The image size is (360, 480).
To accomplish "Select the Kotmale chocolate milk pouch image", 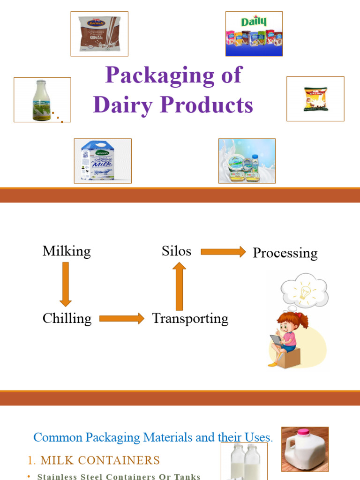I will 99,34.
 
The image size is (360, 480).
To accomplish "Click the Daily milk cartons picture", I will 254,34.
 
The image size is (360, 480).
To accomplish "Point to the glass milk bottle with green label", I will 42,100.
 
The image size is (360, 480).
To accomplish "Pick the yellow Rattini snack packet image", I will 315,99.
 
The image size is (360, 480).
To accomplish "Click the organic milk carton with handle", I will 102,161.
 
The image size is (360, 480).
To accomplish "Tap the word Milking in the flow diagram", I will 67,251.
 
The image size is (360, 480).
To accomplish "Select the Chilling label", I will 67,319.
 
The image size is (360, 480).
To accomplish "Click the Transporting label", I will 190,319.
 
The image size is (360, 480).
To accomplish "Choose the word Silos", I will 177,251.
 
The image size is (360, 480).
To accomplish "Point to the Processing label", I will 285,253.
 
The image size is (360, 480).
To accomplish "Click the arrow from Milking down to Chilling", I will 66,284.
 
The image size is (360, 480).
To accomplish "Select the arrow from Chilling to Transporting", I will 122,319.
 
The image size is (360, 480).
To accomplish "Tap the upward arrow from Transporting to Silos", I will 179,286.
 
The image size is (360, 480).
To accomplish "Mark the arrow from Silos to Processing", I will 223,252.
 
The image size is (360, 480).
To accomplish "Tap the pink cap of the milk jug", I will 302,432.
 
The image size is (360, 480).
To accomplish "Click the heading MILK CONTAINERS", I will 99,460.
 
